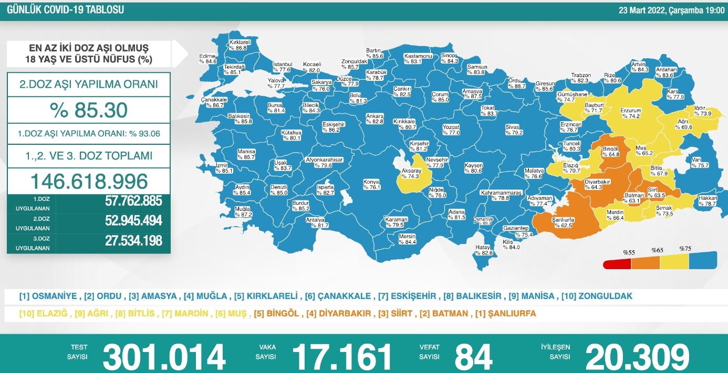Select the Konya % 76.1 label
[x=371, y=184]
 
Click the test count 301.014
[x=164, y=356]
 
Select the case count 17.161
[x=342, y=356]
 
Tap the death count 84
[x=473, y=356]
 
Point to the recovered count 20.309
[x=637, y=356]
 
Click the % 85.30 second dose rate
[x=89, y=110]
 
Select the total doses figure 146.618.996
[x=89, y=181]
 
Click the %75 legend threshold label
[x=685, y=249]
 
